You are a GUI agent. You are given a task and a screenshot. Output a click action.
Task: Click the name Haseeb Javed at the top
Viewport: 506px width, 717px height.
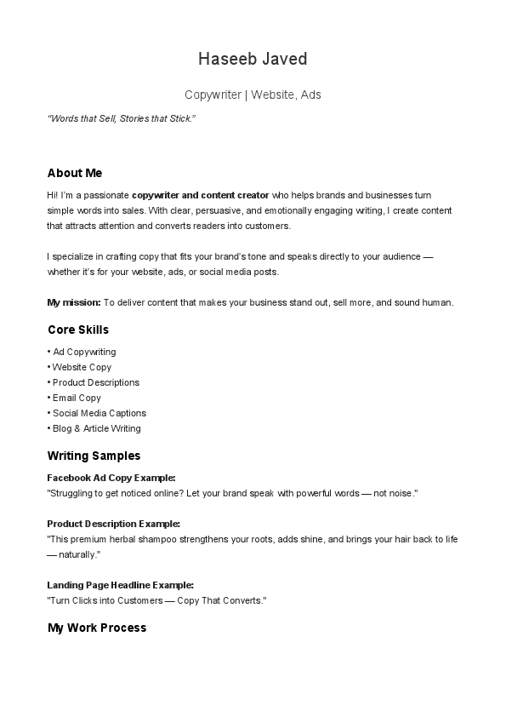coord(253,59)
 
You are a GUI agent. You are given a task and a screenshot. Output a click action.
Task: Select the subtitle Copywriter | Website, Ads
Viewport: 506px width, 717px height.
coord(253,95)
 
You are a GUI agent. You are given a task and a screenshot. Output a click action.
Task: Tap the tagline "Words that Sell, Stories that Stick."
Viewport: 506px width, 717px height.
coord(122,118)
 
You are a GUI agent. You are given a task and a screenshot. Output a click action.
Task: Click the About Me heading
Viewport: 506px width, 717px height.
coord(75,173)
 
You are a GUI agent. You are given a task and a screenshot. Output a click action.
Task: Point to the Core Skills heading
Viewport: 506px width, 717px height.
coord(78,330)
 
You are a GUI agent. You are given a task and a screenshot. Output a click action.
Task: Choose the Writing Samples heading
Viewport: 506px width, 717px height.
coord(94,456)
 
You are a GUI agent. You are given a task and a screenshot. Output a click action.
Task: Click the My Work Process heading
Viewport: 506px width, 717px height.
coord(97,628)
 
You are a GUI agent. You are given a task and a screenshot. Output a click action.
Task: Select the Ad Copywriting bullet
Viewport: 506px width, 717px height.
coord(84,352)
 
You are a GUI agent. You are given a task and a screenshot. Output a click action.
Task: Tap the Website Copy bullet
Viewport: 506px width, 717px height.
coord(82,367)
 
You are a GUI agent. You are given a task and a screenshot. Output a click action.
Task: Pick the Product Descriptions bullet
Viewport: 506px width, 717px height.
coord(95,382)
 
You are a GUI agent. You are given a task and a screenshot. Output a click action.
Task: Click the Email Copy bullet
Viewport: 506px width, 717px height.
coord(77,398)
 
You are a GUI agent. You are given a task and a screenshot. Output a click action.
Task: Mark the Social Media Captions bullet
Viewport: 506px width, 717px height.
coord(99,413)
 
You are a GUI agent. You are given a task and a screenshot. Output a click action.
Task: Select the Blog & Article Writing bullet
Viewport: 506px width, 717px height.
coord(96,428)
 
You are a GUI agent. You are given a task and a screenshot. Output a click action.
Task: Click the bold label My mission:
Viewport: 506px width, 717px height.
coord(74,302)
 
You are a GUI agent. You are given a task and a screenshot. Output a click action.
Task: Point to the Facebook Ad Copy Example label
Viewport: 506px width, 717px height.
coord(111,478)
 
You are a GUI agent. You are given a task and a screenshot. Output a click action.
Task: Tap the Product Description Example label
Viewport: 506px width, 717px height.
coord(114,524)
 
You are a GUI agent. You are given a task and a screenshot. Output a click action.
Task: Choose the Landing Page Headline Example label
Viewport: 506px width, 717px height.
coord(121,585)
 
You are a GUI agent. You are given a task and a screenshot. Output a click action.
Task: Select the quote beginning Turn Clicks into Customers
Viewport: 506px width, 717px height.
coord(157,600)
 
